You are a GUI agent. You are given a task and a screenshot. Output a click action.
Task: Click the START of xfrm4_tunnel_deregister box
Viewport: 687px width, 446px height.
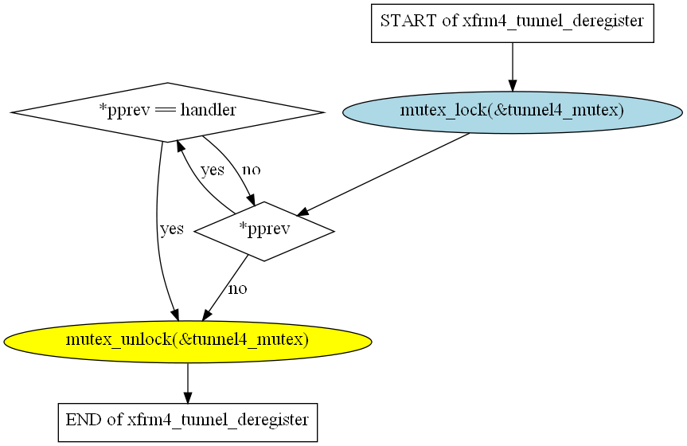point(512,22)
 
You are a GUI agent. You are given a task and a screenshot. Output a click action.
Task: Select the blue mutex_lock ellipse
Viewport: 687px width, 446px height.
point(512,111)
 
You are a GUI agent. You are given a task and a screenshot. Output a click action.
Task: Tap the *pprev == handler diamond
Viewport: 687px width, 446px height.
point(167,111)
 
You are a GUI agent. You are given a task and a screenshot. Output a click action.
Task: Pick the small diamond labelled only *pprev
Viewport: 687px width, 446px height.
point(263,231)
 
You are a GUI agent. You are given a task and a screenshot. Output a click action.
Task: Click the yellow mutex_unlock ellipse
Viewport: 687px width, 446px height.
point(187,341)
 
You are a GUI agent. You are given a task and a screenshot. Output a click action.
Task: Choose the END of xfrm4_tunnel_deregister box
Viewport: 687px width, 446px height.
point(187,420)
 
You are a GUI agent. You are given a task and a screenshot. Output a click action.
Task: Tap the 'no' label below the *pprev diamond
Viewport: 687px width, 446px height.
point(237,288)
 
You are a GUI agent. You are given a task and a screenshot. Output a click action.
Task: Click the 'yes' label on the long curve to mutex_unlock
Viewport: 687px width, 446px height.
point(172,229)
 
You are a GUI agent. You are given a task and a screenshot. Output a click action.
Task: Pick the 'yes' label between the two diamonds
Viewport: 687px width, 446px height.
point(212,170)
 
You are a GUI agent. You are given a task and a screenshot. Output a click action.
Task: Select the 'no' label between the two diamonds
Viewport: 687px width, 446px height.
point(251,170)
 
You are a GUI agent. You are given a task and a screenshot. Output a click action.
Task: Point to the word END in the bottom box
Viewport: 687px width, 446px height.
point(83,419)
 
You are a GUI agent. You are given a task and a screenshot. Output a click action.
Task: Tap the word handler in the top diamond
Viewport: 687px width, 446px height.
point(209,111)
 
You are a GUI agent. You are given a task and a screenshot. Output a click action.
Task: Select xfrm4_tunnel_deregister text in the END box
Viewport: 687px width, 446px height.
point(218,419)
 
